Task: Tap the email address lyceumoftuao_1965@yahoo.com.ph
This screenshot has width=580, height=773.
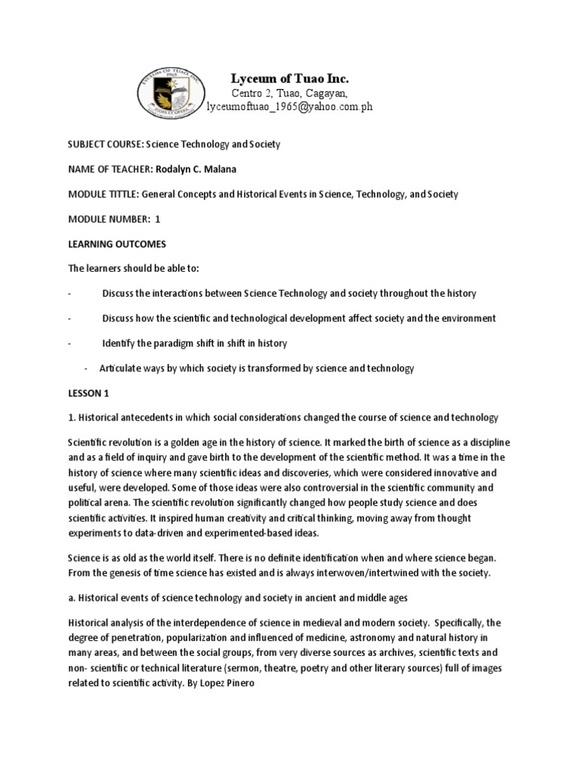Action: point(289,107)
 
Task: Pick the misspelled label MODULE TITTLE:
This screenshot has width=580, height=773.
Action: point(101,194)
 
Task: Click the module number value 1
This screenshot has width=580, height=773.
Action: point(158,219)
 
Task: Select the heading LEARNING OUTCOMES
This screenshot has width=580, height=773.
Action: point(112,244)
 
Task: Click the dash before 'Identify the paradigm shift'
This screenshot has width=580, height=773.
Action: point(69,343)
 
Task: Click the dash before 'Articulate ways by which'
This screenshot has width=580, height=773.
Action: point(87,368)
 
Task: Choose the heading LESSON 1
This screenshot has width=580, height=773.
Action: point(88,393)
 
